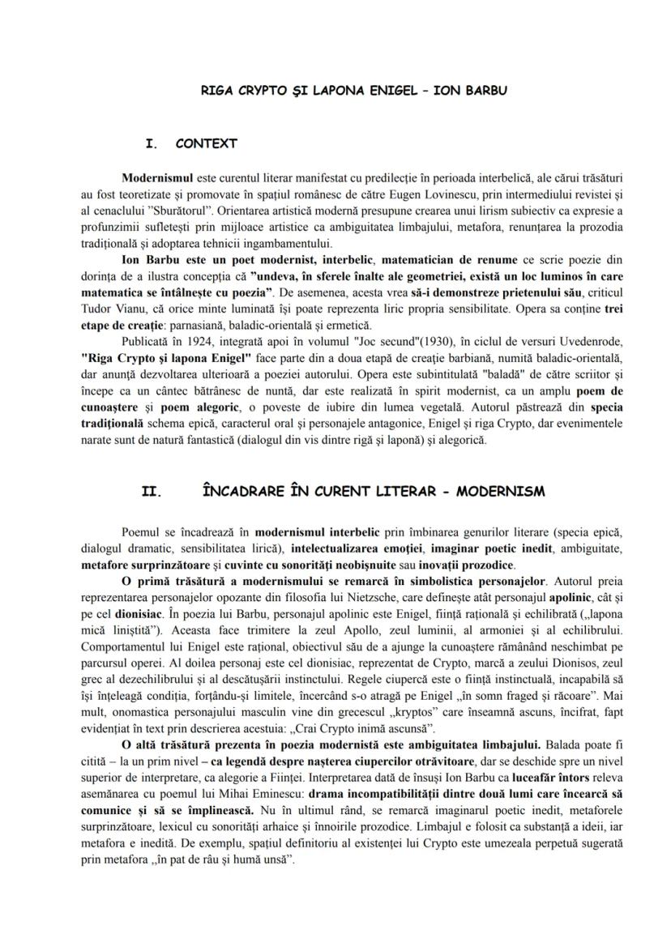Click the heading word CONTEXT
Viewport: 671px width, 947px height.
tap(206, 144)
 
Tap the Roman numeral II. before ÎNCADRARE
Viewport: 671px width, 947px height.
tap(152, 492)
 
